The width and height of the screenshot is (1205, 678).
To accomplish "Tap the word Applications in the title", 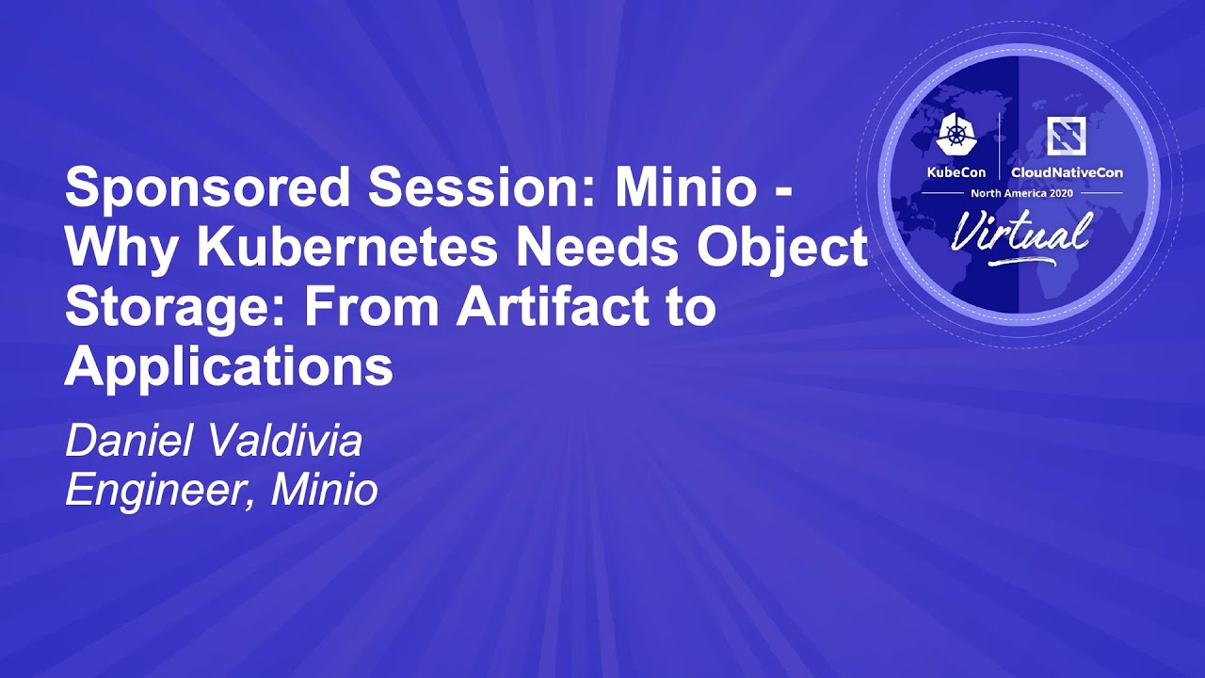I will (229, 368).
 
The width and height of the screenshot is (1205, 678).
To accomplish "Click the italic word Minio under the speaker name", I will (325, 490).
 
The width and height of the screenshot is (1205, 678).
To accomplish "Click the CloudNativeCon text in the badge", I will (1067, 172).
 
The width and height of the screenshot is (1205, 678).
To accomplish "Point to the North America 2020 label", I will (1021, 192).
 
